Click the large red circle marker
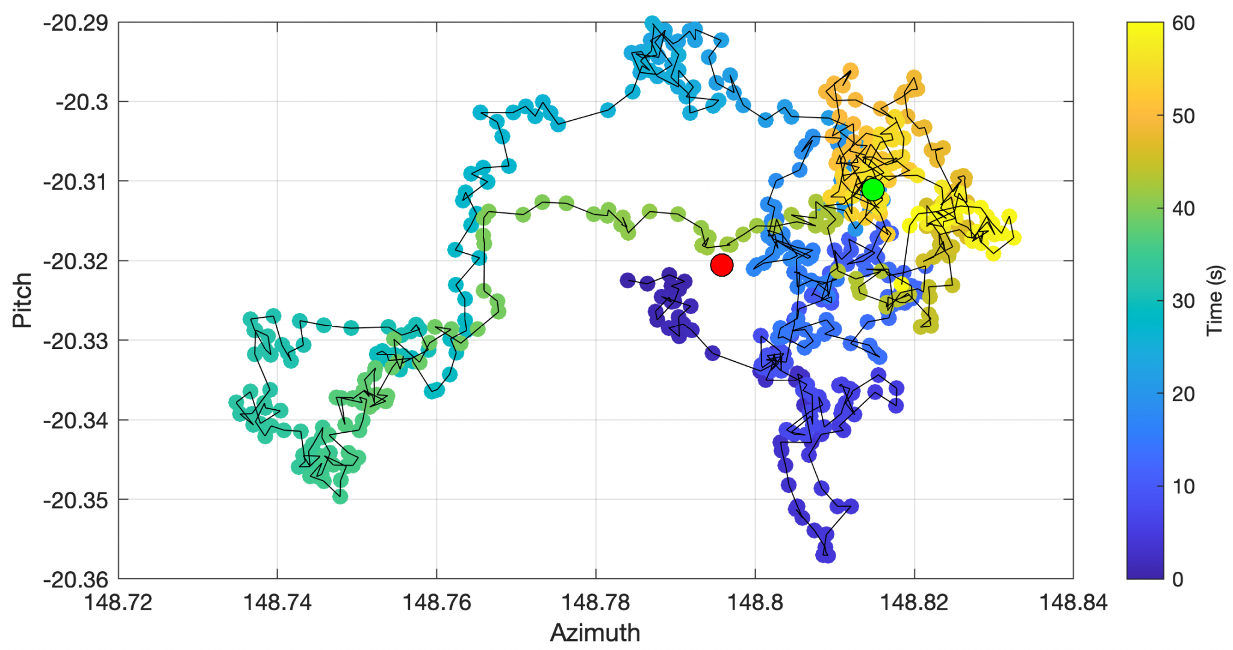721,265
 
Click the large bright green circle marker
872,190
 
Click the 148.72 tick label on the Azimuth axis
118,602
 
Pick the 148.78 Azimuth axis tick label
595,602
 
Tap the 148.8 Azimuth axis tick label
755,602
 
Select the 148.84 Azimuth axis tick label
1073,602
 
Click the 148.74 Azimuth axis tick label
277,602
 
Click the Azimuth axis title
595,633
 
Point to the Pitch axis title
22,300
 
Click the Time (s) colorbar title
1215,300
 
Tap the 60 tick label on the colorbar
1184,23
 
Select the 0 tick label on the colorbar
1178,580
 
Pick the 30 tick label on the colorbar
1184,302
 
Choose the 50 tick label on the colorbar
1184,116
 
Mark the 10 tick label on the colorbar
1184,487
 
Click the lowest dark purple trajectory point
826,555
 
